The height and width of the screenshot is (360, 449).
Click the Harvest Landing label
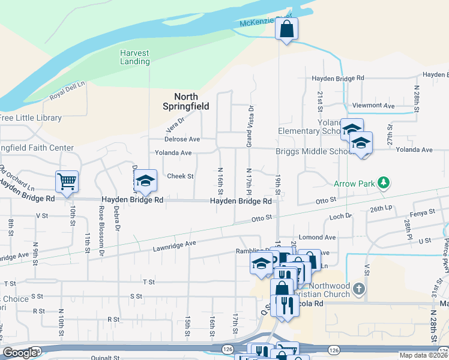tap(134, 57)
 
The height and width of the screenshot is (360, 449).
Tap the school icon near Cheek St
tap(145, 180)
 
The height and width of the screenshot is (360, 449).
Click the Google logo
tap(19, 353)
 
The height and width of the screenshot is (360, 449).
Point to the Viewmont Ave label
tap(373, 106)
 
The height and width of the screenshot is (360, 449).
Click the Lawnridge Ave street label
tap(174, 244)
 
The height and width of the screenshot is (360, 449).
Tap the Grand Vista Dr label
tap(250, 126)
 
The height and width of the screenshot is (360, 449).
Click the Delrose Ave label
tap(182, 139)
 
